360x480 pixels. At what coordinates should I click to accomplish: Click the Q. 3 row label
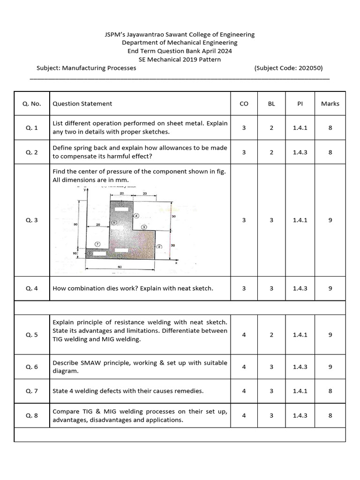(x=32, y=220)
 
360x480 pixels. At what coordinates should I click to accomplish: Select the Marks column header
(x=330, y=104)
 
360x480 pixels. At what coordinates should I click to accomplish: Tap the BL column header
(x=271, y=104)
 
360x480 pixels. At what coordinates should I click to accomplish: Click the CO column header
(x=244, y=104)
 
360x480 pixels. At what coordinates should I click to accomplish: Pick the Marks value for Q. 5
(x=330, y=335)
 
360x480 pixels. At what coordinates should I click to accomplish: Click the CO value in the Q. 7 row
(x=244, y=391)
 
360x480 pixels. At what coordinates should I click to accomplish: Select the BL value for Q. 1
(x=271, y=127)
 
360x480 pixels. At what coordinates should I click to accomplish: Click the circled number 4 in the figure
(x=136, y=216)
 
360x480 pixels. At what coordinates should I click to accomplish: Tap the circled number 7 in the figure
(x=97, y=244)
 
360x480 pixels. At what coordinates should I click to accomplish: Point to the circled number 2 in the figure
(x=159, y=247)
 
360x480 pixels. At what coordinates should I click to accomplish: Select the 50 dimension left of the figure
(x=75, y=225)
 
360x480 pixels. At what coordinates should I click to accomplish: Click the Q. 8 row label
(x=32, y=415)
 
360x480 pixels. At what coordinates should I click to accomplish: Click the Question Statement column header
(x=82, y=104)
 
